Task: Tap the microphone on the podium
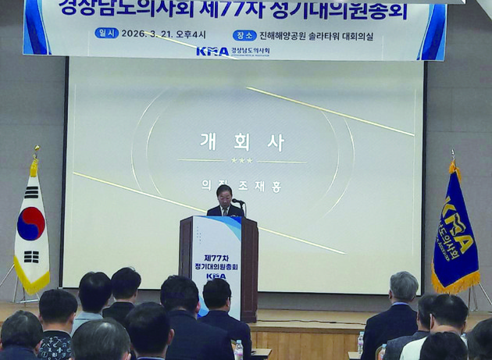click(237, 201)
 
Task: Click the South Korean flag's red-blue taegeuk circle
click(30, 223)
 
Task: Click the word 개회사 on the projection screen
click(241, 142)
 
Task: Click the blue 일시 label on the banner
click(106, 34)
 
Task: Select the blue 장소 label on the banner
click(244, 34)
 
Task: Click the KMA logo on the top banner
click(212, 52)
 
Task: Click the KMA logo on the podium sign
click(215, 276)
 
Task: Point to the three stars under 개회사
click(241, 161)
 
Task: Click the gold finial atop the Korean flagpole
click(35, 150)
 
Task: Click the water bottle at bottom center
click(238, 350)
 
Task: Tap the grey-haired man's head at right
click(404, 286)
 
